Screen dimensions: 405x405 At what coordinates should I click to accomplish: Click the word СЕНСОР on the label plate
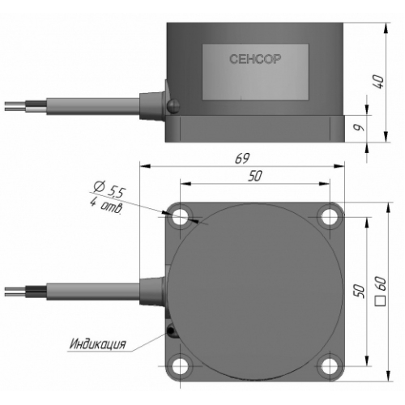tap(255, 59)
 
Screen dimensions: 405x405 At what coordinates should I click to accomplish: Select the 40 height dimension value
tap(379, 82)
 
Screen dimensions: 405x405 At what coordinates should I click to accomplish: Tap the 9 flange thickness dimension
tap(359, 127)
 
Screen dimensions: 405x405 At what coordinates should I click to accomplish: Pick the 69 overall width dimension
tap(242, 158)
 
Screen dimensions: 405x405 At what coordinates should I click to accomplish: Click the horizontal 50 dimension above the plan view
tap(255, 176)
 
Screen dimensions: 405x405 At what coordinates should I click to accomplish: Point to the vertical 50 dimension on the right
tap(360, 291)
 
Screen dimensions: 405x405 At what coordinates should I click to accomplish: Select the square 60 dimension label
tap(381, 292)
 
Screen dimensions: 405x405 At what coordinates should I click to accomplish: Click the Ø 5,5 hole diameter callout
tap(109, 189)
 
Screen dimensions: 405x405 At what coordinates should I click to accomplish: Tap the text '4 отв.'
tap(106, 206)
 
